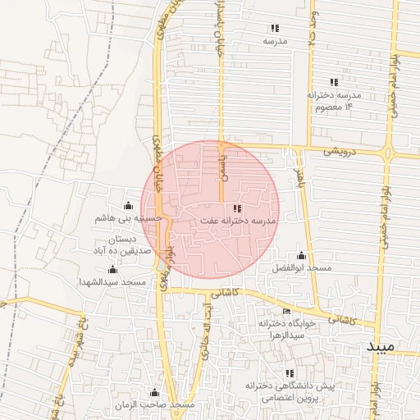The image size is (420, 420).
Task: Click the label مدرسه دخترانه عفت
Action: point(238,221)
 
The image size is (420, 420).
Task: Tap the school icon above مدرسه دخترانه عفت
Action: point(238,208)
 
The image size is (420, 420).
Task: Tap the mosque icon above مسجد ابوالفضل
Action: point(301,255)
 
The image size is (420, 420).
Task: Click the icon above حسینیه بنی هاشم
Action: point(127,205)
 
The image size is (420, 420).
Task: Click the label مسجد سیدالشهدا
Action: point(112,282)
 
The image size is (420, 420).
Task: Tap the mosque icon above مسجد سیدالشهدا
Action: point(112,269)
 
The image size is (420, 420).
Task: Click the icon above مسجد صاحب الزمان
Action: point(154,392)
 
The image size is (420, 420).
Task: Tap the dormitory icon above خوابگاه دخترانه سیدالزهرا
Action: point(286,311)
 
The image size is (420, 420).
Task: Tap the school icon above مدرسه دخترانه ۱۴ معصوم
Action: point(333,82)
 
